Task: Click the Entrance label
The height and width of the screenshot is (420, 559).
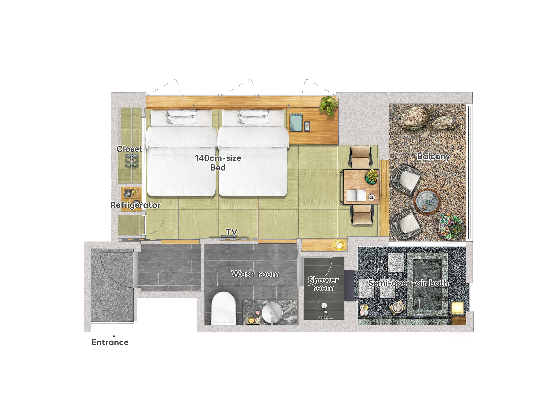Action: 110,342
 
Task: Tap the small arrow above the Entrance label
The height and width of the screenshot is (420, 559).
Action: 114,336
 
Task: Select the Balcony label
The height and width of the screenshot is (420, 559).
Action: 433,156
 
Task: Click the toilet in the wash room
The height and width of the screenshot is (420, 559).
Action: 223,308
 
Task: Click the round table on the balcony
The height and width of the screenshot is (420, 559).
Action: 427,201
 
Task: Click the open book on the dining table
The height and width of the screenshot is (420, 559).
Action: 356,195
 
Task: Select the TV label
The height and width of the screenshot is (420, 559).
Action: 231,232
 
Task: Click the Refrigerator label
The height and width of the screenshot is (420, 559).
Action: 135,205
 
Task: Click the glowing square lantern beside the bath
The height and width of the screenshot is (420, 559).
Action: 458,308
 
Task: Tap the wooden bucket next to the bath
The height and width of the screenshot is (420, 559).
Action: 397,308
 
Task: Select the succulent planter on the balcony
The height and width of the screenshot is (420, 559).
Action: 452,227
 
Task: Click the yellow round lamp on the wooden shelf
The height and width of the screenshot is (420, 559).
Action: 339,245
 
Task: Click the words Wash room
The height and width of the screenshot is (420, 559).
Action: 255,274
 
